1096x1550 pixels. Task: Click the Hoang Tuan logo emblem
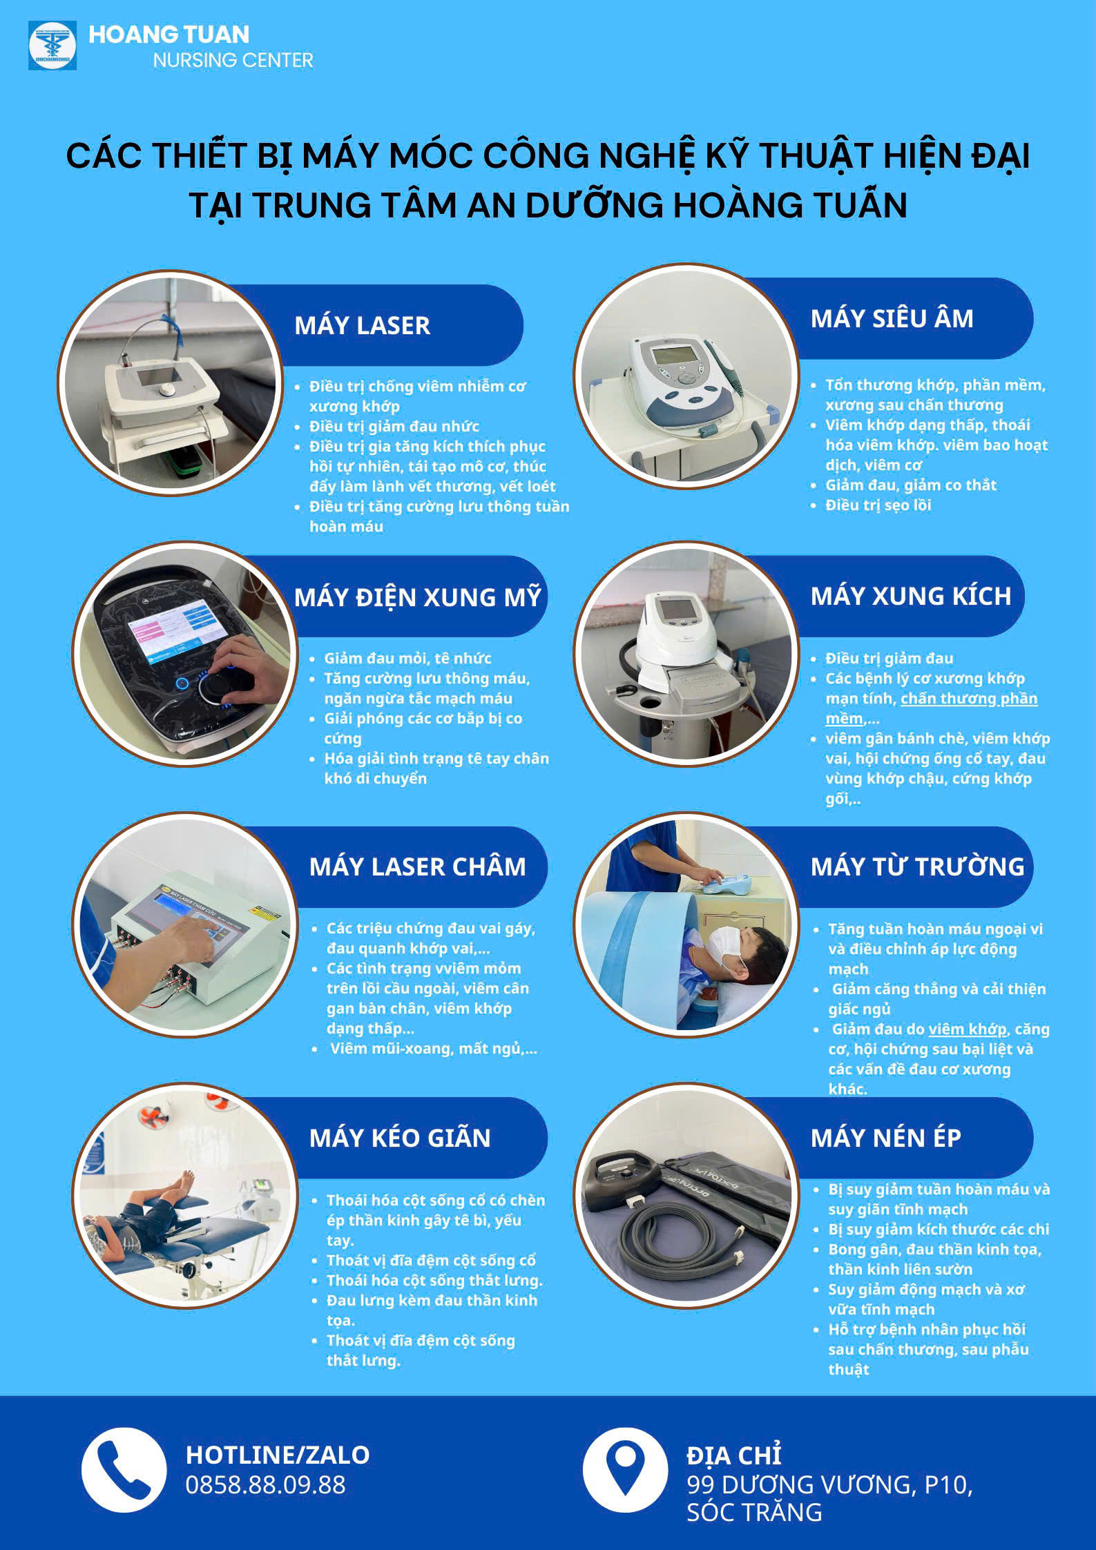52,46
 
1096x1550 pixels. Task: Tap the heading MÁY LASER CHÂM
417,866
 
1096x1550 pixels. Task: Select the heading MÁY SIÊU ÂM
892,318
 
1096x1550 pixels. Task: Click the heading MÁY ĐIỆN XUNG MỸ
417,597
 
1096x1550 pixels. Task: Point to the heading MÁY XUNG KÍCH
910,596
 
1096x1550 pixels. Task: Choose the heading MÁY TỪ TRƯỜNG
917,866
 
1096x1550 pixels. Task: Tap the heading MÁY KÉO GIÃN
400,1138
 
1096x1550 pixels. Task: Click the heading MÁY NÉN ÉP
886,1138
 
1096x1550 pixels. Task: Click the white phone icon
124,1471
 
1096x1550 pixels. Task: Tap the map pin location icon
625,1470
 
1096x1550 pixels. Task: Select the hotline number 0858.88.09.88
265,1484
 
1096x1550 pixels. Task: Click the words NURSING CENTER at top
233,60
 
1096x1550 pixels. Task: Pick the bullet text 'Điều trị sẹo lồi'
878,505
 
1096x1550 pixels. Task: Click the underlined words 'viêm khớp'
968,1029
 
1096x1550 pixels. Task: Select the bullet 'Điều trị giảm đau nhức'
394,427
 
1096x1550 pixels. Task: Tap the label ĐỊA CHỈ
733,1455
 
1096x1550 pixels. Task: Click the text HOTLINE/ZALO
278,1455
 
